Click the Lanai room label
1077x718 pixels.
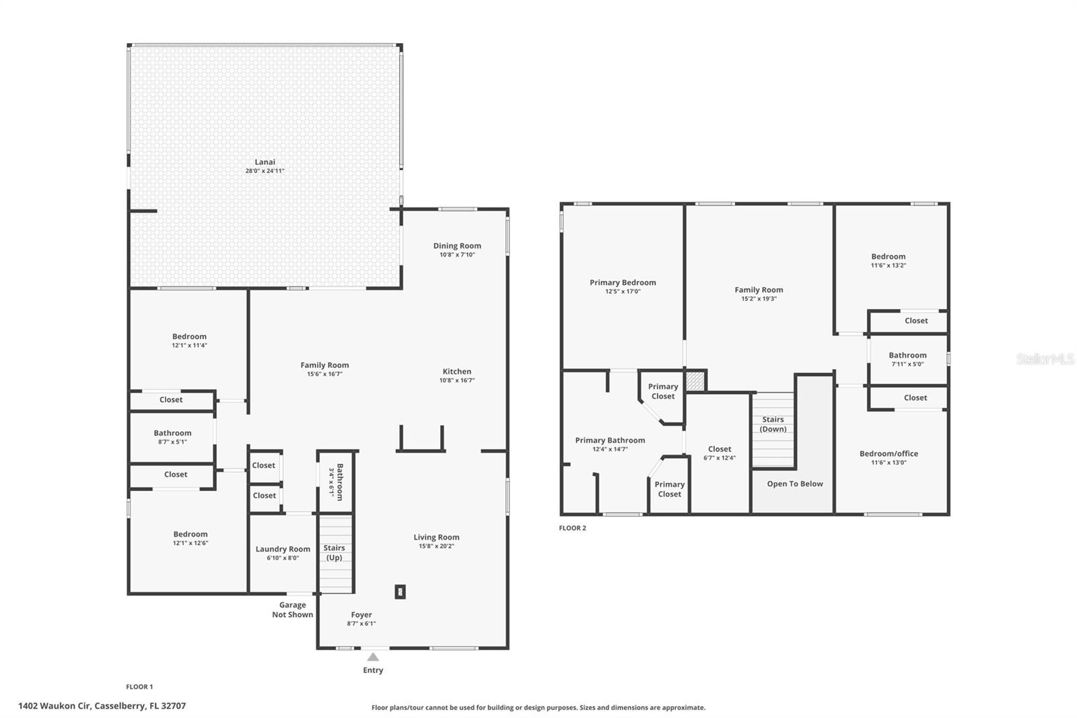(265, 162)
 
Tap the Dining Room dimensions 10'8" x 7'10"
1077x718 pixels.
(457, 255)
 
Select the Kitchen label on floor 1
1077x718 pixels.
(457, 372)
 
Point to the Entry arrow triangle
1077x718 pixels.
(373, 657)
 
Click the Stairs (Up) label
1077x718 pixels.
(334, 552)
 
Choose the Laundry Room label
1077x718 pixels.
(283, 549)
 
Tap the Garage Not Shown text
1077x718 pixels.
(292, 610)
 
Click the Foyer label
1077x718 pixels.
(361, 614)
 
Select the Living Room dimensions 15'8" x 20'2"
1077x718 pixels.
(437, 546)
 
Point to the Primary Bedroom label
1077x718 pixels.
(623, 282)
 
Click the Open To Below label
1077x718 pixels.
(795, 484)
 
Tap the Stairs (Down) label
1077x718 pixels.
(773, 424)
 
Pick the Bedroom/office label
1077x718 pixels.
(889, 453)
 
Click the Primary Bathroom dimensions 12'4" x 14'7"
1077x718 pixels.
(610, 449)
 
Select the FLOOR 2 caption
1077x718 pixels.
(572, 528)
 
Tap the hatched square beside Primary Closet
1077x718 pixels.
(695, 381)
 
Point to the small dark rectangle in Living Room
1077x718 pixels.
(400, 592)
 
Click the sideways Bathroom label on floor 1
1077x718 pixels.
(336, 482)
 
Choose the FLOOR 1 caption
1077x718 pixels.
(139, 687)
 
